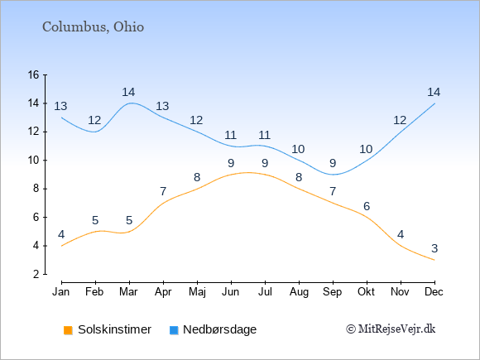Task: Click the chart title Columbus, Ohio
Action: (x=93, y=27)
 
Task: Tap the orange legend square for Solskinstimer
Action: (x=68, y=330)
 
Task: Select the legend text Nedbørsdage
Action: (x=219, y=329)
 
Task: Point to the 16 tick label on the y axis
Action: (x=33, y=74)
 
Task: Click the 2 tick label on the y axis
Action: (x=36, y=274)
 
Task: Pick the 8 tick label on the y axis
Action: (x=36, y=189)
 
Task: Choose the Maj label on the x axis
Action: (x=197, y=292)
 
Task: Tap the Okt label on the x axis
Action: (x=366, y=292)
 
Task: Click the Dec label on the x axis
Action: (x=434, y=292)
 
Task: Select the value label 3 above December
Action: (x=434, y=248)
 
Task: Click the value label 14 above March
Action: (x=128, y=92)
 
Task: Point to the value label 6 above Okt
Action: (x=367, y=206)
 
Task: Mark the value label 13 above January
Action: (x=60, y=107)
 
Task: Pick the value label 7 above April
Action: (x=163, y=192)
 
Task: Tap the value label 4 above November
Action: (x=401, y=235)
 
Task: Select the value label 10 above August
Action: (x=298, y=150)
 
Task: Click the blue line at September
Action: (x=333, y=175)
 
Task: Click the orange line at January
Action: (x=62, y=246)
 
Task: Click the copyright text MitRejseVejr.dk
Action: (x=391, y=329)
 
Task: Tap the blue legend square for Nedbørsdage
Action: (x=174, y=330)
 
